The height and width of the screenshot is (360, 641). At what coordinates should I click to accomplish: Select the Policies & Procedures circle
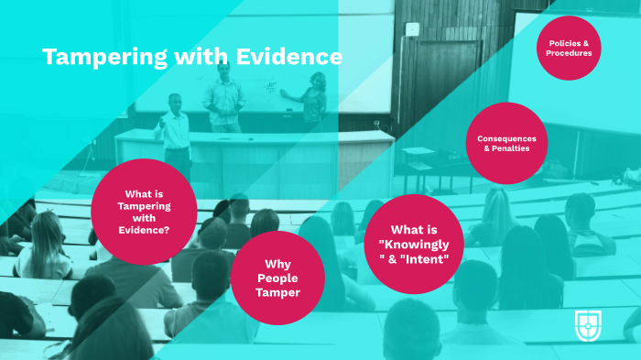click(x=570, y=48)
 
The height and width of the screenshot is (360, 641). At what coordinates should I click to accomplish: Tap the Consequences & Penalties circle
click(x=506, y=143)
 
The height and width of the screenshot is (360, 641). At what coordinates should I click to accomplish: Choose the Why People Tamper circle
click(x=277, y=278)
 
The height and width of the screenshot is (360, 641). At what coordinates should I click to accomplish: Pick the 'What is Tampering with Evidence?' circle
click(x=145, y=212)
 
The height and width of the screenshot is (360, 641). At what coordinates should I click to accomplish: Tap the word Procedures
click(x=570, y=53)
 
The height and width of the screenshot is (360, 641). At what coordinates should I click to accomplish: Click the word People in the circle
click(x=277, y=278)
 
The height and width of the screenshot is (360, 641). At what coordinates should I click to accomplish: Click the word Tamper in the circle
click(x=277, y=293)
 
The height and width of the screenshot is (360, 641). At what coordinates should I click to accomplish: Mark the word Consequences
click(x=506, y=137)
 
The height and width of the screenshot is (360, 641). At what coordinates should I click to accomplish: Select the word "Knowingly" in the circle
click(x=418, y=244)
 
